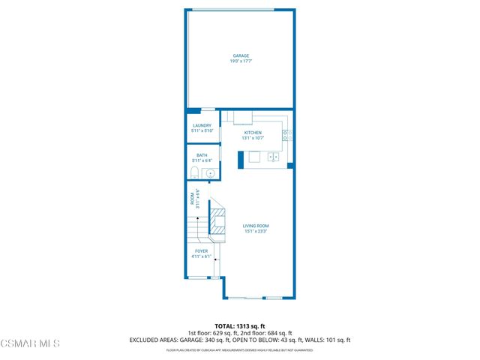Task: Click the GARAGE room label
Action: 240,55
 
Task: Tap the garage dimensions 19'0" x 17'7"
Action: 240,61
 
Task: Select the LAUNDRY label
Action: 202,126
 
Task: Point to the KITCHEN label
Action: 253,133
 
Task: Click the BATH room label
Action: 202,155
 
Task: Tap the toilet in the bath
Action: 195,174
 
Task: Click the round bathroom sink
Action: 211,174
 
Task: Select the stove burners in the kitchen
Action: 286,136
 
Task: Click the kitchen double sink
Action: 274,157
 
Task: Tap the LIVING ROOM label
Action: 256,226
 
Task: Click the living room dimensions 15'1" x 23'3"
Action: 256,231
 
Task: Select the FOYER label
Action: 201,251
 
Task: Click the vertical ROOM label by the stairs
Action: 192,202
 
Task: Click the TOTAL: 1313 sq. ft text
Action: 240,326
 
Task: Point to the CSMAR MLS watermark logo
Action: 30,343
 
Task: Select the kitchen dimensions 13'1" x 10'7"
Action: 253,138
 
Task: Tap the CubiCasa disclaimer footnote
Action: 240,349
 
